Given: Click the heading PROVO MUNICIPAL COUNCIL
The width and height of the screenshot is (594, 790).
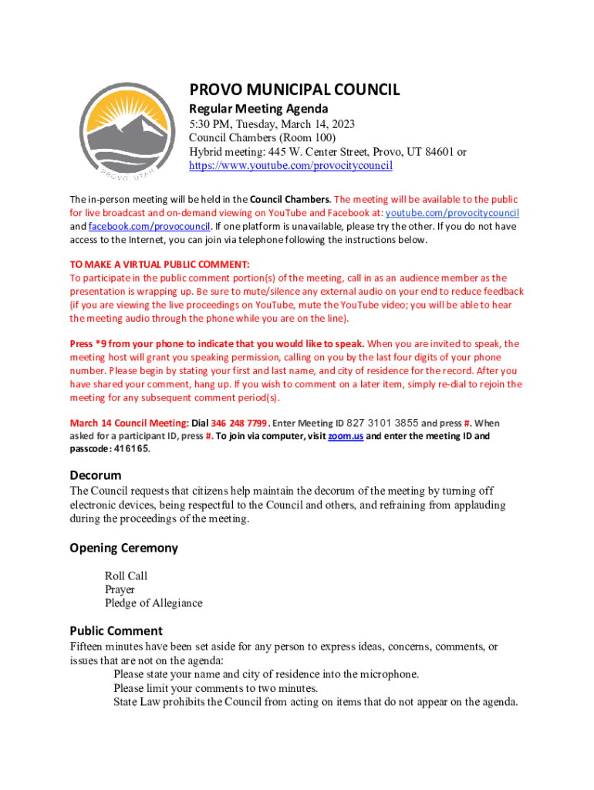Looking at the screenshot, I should tap(295, 90).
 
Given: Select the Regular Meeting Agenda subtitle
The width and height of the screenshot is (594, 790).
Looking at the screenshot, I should tap(259, 109).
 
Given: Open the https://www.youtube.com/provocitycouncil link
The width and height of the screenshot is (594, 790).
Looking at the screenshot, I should tap(291, 166).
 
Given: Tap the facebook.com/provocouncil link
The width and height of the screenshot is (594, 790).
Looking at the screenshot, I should tap(150, 227).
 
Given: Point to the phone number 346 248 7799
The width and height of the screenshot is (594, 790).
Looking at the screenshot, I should tap(239, 424).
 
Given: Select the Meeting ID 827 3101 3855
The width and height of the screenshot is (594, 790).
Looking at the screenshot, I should tap(383, 424).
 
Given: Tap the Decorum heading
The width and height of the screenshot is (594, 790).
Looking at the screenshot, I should tap(96, 475).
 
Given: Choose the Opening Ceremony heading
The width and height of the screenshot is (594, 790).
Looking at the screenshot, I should tap(123, 548).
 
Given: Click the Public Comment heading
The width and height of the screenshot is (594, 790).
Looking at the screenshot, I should tap(116, 630).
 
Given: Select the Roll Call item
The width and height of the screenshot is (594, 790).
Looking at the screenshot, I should tap(126, 576).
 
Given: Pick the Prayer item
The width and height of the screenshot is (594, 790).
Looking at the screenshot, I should tap(120, 589).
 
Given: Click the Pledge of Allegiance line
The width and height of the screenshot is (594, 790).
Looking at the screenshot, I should tap(154, 603).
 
